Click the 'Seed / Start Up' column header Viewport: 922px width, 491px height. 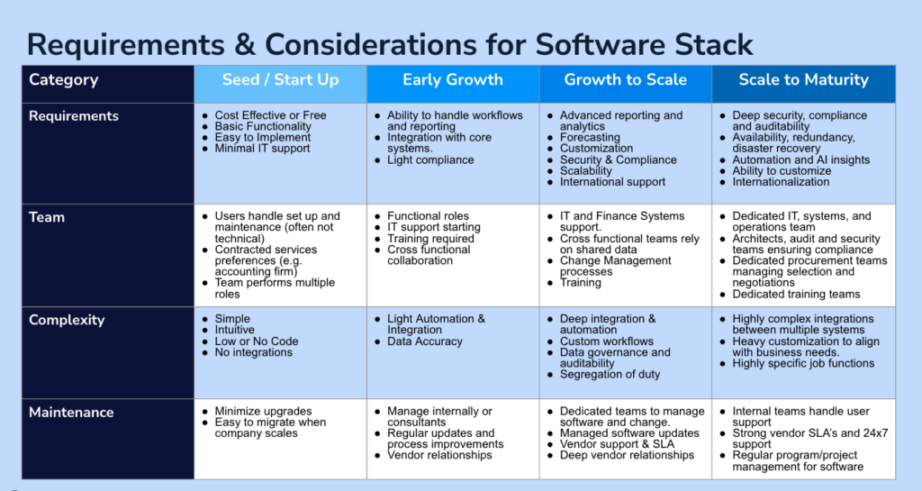[x=281, y=80]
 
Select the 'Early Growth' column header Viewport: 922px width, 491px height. [x=453, y=80]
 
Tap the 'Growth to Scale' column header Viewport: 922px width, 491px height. [x=626, y=80]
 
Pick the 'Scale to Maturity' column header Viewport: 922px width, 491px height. [x=804, y=80]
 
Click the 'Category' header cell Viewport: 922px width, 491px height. [x=64, y=80]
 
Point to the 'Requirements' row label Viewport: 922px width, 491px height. [x=74, y=116]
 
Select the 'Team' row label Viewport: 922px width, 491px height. [x=47, y=217]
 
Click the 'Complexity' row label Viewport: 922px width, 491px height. [x=67, y=320]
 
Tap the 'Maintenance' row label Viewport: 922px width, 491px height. [x=71, y=413]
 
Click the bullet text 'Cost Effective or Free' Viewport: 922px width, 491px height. [x=270, y=115]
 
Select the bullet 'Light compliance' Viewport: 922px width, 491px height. [x=430, y=160]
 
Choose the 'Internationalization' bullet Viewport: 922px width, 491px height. [x=781, y=182]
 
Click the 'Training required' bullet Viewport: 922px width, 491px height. [x=430, y=238]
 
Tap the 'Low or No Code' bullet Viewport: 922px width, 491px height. [x=257, y=341]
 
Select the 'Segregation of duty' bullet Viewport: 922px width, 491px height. [x=610, y=374]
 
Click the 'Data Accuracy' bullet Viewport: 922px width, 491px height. [x=425, y=341]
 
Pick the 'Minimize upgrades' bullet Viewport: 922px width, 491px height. [x=263, y=411]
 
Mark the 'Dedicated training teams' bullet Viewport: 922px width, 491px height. [x=796, y=294]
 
